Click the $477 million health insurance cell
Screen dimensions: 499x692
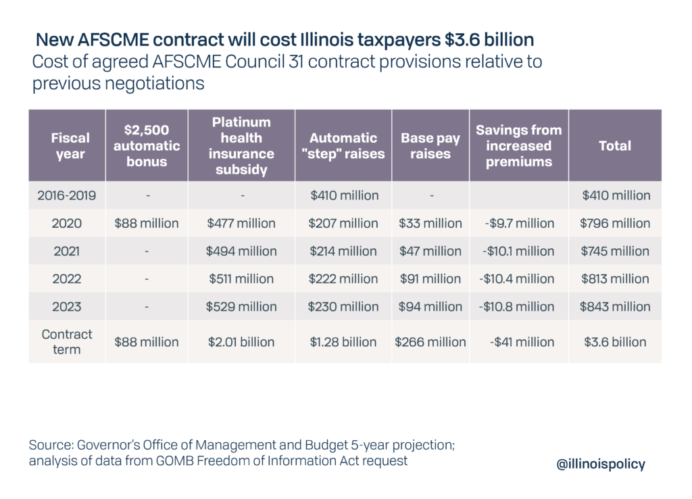(241, 223)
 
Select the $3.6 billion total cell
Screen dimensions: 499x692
(615, 342)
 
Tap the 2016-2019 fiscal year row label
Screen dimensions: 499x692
(67, 195)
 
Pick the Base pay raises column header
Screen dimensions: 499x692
(430, 146)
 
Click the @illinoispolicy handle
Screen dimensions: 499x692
(599, 464)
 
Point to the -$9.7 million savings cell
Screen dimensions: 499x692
(519, 223)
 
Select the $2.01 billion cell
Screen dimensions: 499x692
(241, 342)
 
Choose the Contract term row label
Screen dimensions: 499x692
(67, 342)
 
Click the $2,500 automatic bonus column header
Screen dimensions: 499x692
(147, 146)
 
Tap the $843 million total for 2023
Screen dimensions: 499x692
(615, 306)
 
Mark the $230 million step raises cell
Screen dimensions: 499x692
(343, 306)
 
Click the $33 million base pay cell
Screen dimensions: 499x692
(430, 223)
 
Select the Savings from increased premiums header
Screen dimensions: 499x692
(519, 146)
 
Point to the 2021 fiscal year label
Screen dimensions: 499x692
(67, 251)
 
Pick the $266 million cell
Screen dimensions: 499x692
(430, 342)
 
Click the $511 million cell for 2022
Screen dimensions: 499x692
(241, 279)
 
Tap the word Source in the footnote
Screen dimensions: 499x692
(51, 446)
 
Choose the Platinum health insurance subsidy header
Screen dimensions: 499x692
(241, 146)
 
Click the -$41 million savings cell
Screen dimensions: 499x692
(519, 342)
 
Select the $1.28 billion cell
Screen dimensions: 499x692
(343, 342)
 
